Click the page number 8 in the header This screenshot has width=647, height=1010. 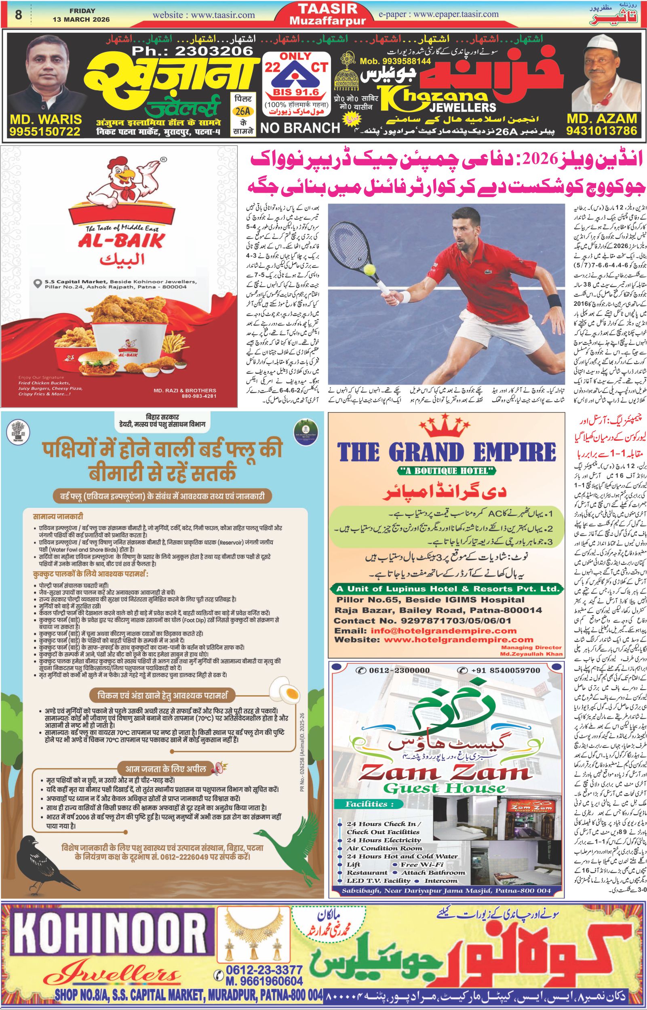pos(18,15)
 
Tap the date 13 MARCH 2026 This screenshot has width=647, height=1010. pos(81,19)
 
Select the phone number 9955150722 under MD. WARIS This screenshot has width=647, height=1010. pos(45,131)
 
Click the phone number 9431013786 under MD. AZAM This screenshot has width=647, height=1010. pos(601,131)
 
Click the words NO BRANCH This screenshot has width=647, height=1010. pos(299,128)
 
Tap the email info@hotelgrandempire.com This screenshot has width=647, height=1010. pos(443,631)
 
